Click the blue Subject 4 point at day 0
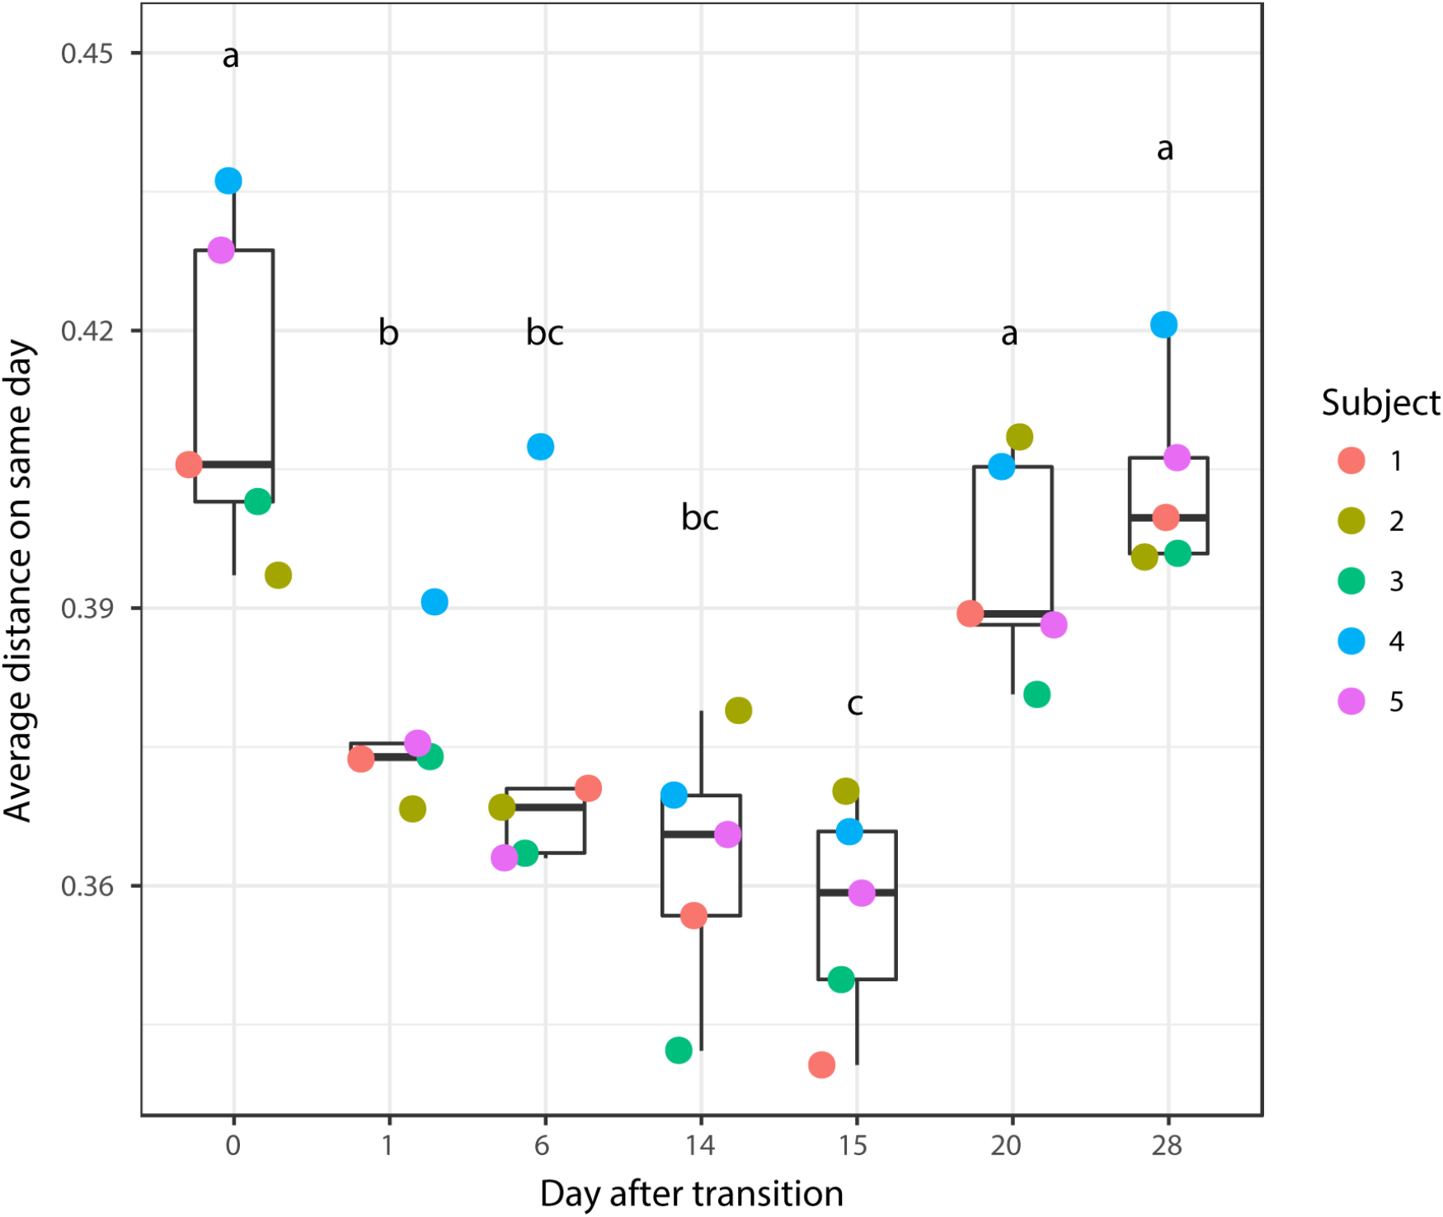(228, 181)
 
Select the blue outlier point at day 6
(540, 447)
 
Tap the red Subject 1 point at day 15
(821, 1064)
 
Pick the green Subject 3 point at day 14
(679, 1050)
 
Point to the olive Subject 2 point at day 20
(1019, 437)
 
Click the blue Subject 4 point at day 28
(1163, 325)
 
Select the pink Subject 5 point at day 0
(221, 250)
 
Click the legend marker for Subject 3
(1351, 581)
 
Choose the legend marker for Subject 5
(1351, 702)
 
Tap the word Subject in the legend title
(1380, 403)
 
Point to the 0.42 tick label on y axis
(87, 331)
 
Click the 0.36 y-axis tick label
(87, 886)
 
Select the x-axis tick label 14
(700, 1145)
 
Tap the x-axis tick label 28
(1167, 1145)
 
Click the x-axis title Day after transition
(691, 1193)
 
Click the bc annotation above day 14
(700, 518)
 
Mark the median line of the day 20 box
(1013, 613)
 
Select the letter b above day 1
(388, 332)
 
